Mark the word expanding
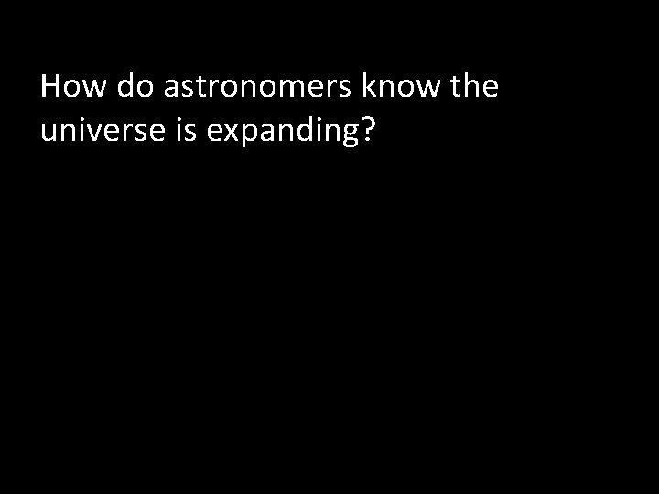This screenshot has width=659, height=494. (x=281, y=134)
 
